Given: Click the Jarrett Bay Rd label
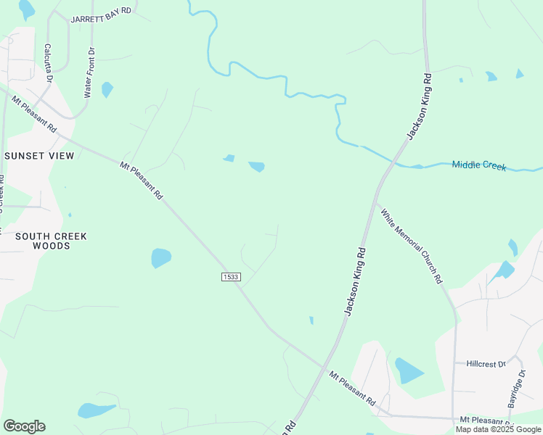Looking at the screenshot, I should [101, 14].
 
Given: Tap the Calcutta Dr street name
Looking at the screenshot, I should [47, 62].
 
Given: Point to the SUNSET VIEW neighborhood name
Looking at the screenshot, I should [39, 156].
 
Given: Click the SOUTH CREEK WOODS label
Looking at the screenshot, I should [51, 241].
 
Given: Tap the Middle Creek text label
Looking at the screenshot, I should [479, 165].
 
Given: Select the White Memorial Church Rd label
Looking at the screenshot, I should [412, 246].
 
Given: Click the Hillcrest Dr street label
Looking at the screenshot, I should [486, 364].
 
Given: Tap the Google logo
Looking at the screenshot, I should [24, 426].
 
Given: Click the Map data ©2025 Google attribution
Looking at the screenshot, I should [499, 429].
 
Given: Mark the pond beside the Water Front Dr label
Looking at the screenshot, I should [107, 89].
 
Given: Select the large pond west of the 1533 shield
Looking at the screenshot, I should [160, 257].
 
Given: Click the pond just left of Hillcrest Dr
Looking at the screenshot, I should [408, 370].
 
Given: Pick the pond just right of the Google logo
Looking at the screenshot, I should [95, 410].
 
